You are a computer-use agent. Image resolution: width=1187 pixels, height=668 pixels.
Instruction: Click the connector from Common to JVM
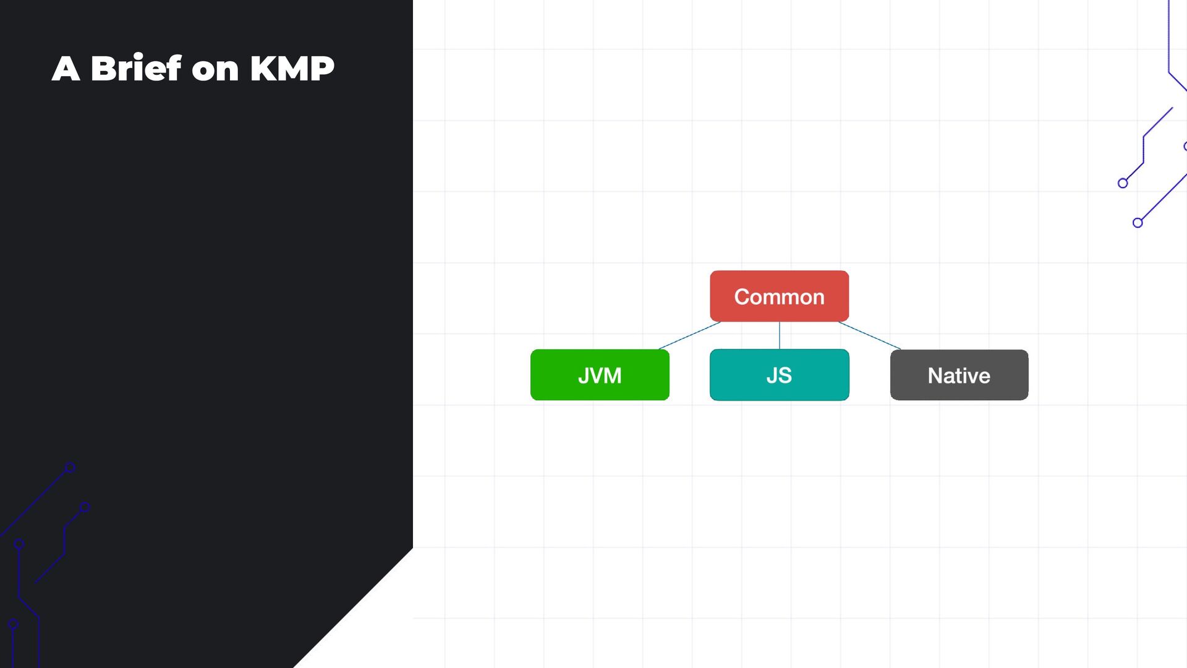click(x=689, y=335)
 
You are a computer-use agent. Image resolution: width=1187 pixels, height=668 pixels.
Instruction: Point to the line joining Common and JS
click(x=780, y=335)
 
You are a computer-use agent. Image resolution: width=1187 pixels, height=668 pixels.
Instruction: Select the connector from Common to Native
click(x=869, y=335)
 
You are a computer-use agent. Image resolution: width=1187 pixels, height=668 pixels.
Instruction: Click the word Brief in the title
click(x=136, y=68)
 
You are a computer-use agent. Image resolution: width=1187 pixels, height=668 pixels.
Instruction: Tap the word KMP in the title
click(x=292, y=68)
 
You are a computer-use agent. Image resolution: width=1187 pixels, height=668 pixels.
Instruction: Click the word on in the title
click(x=215, y=69)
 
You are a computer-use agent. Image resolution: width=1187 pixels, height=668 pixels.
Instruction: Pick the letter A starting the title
click(x=66, y=68)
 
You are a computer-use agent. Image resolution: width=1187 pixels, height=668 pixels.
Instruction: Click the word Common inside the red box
click(x=779, y=297)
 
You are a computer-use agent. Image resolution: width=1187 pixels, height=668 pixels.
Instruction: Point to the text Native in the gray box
click(x=959, y=375)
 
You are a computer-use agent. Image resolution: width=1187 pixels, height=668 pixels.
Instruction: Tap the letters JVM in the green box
click(x=600, y=375)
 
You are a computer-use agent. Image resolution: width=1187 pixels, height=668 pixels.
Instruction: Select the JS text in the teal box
click(x=779, y=375)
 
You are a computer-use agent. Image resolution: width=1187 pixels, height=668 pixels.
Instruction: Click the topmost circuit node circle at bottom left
click(x=70, y=468)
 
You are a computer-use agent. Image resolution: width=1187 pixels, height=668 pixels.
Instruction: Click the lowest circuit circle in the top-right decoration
click(x=1138, y=223)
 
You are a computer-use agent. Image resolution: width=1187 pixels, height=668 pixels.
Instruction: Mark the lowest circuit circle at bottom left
click(x=13, y=624)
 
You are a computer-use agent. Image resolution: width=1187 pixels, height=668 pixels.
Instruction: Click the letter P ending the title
click(x=321, y=68)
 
